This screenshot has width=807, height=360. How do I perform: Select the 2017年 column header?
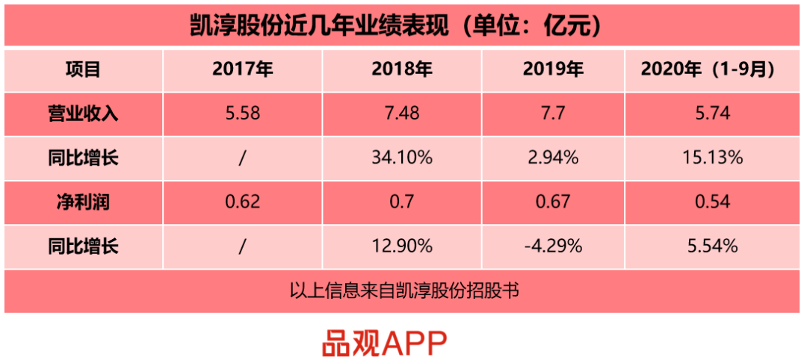pyautogui.click(x=242, y=70)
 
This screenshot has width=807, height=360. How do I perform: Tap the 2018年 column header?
pyautogui.click(x=401, y=70)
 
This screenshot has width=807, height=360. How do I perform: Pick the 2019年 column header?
pyautogui.click(x=553, y=70)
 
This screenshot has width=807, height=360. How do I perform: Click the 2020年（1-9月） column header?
pyautogui.click(x=708, y=70)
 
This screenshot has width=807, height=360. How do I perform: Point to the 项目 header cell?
pyautogui.click(x=84, y=70)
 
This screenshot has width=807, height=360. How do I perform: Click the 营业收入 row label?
pyautogui.click(x=84, y=114)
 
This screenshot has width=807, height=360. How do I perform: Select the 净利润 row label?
pyautogui.click(x=84, y=202)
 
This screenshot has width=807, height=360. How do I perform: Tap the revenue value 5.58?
pyautogui.click(x=242, y=114)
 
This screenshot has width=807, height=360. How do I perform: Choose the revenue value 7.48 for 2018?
pyautogui.click(x=401, y=114)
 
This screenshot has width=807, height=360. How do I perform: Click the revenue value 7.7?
pyautogui.click(x=553, y=114)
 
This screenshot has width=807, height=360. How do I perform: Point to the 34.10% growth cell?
pyautogui.click(x=401, y=158)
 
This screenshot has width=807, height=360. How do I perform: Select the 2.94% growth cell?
pyautogui.click(x=553, y=158)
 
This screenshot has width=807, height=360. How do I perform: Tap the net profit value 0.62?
pyautogui.click(x=242, y=202)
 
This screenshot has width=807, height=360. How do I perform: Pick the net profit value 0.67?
pyautogui.click(x=553, y=202)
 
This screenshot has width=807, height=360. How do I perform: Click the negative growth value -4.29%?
pyautogui.click(x=553, y=246)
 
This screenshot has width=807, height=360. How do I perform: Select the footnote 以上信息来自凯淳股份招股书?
pyautogui.click(x=403, y=290)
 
